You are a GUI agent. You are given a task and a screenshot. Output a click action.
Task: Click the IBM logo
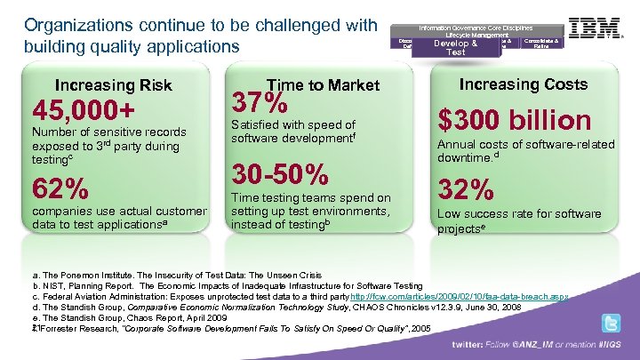click(x=596, y=29)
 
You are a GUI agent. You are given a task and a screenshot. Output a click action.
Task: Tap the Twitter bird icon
click(x=611, y=324)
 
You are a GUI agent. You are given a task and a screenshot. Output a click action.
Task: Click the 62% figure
click(x=60, y=189)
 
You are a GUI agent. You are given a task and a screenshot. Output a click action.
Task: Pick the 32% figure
click(x=466, y=189)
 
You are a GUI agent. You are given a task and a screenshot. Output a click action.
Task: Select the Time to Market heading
click(x=329, y=84)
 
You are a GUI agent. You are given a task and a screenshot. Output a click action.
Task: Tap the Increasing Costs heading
click(x=523, y=84)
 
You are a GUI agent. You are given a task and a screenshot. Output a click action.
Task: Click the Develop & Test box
click(x=455, y=46)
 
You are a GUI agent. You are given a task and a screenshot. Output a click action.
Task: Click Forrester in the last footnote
click(x=57, y=327)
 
